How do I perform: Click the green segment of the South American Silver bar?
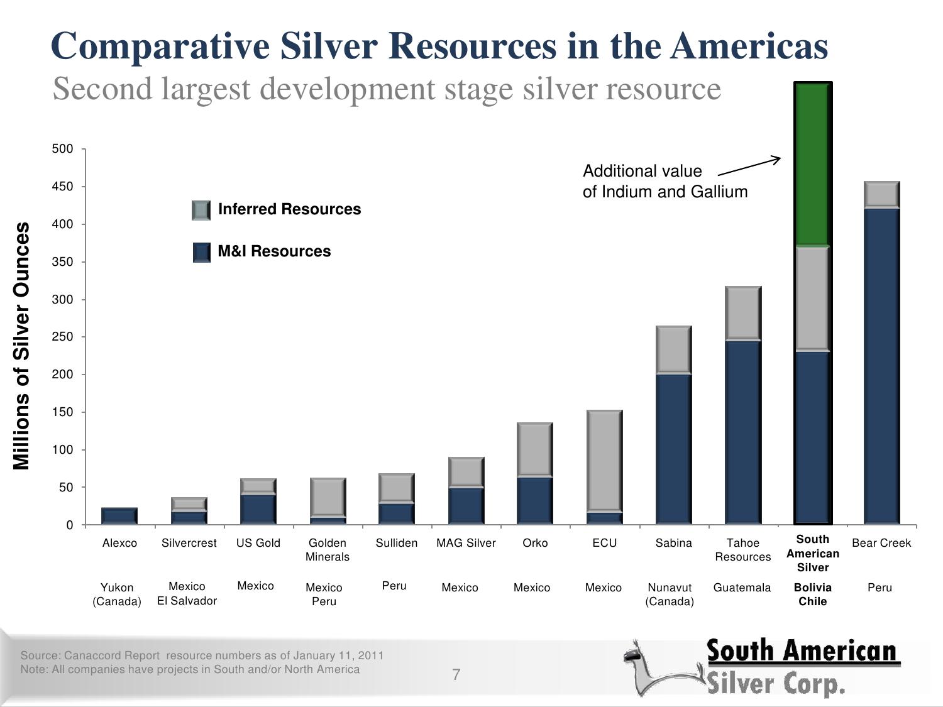coord(813,165)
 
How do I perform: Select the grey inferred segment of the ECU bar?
coord(605,461)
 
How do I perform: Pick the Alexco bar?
coord(119,516)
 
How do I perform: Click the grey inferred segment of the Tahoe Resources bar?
coord(743,313)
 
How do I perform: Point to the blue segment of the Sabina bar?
coord(673,449)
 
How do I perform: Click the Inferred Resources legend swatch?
coord(201,210)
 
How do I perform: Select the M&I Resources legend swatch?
coord(201,252)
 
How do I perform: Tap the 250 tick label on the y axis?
coord(62,337)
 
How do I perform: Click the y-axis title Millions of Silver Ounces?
coord(21,346)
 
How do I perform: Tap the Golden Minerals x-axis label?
coord(327,550)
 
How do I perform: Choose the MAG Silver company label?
coord(466,543)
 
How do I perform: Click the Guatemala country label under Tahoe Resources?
coord(742,588)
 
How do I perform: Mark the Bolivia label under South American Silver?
coord(812,588)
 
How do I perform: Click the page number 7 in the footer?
coord(456,675)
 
